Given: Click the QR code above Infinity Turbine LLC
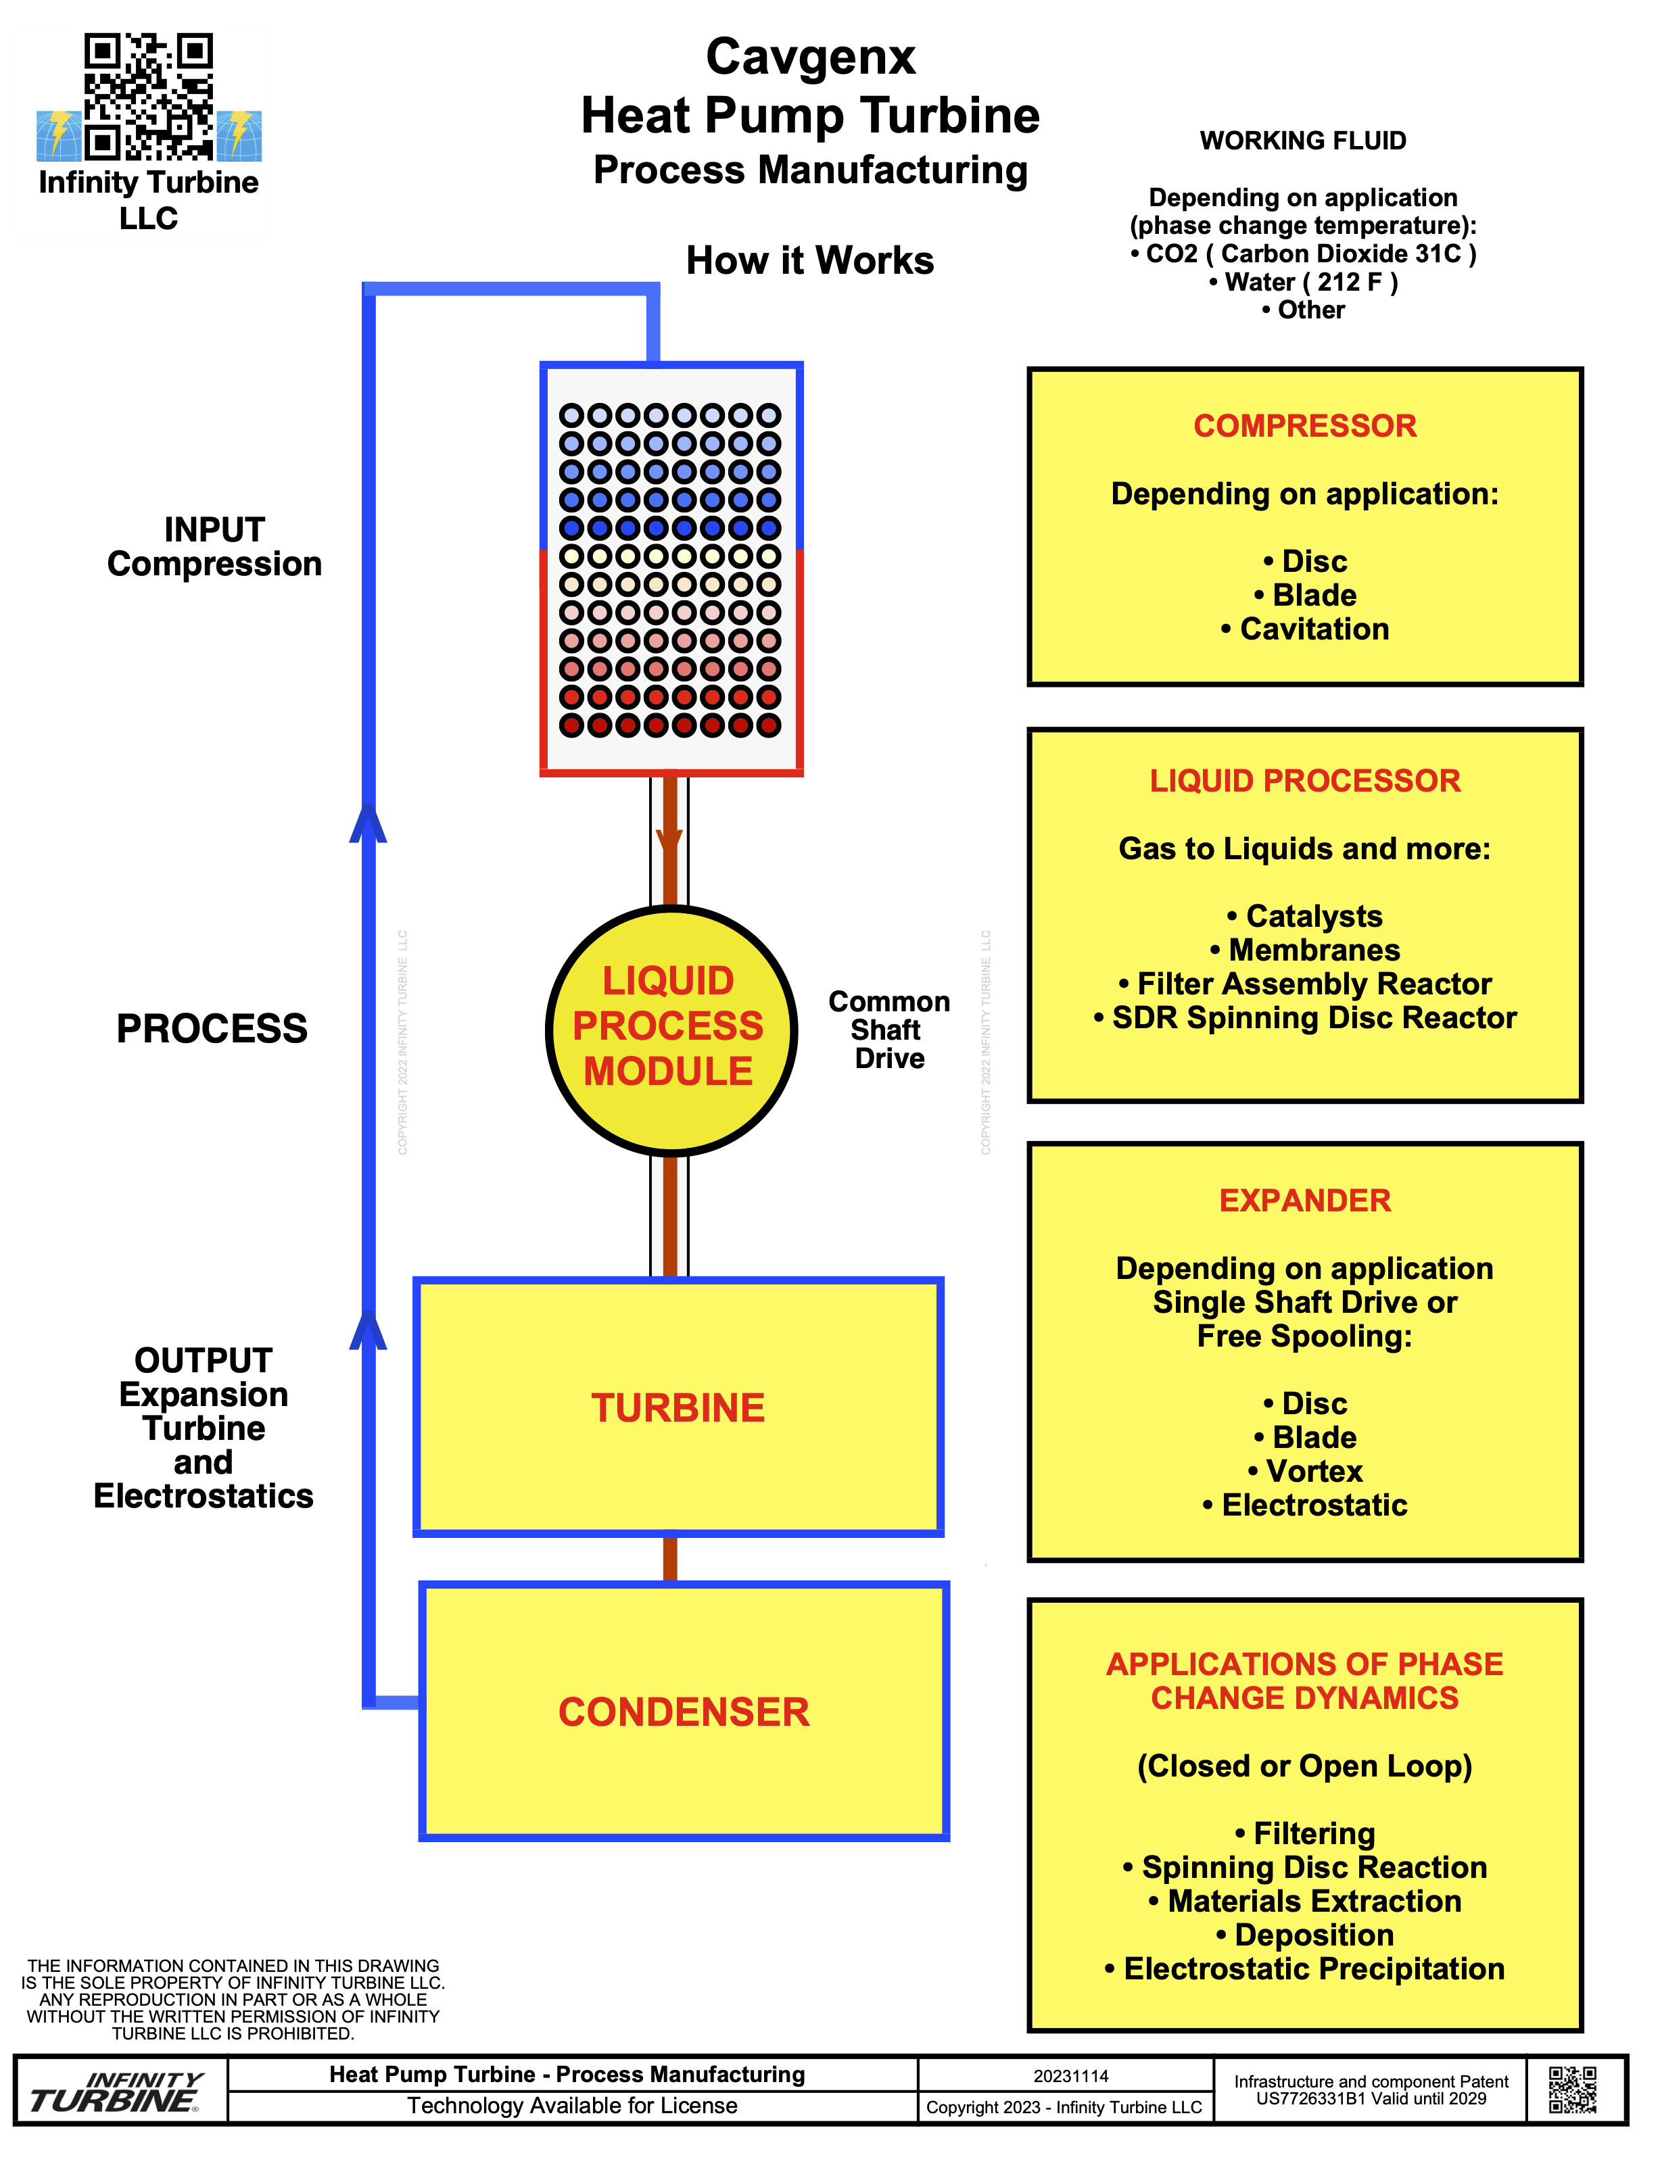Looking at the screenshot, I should [148, 97].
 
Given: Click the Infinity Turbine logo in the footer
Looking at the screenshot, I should [116, 2091].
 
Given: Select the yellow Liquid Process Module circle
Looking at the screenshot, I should [671, 1030].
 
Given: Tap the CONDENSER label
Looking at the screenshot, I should [684, 1712].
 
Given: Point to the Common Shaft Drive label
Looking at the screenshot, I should [889, 1030].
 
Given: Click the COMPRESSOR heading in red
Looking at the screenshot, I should [1304, 426].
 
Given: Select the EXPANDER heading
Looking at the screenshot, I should [1304, 1200].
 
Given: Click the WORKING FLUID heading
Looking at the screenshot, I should [1302, 141].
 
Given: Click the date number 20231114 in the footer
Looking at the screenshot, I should [1071, 2075].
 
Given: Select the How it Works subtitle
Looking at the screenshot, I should [809, 261].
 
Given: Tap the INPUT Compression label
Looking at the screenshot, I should [214, 546].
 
